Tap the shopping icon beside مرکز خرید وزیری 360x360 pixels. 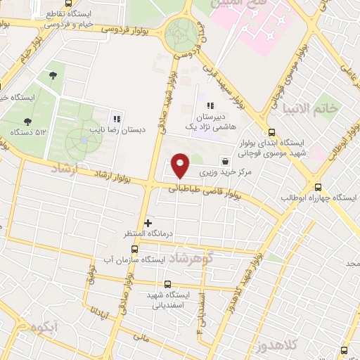click(224, 160)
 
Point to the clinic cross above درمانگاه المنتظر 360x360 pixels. click(147, 223)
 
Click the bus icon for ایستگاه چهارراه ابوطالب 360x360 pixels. click(319, 187)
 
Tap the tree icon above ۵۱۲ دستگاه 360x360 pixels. click(27, 121)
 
